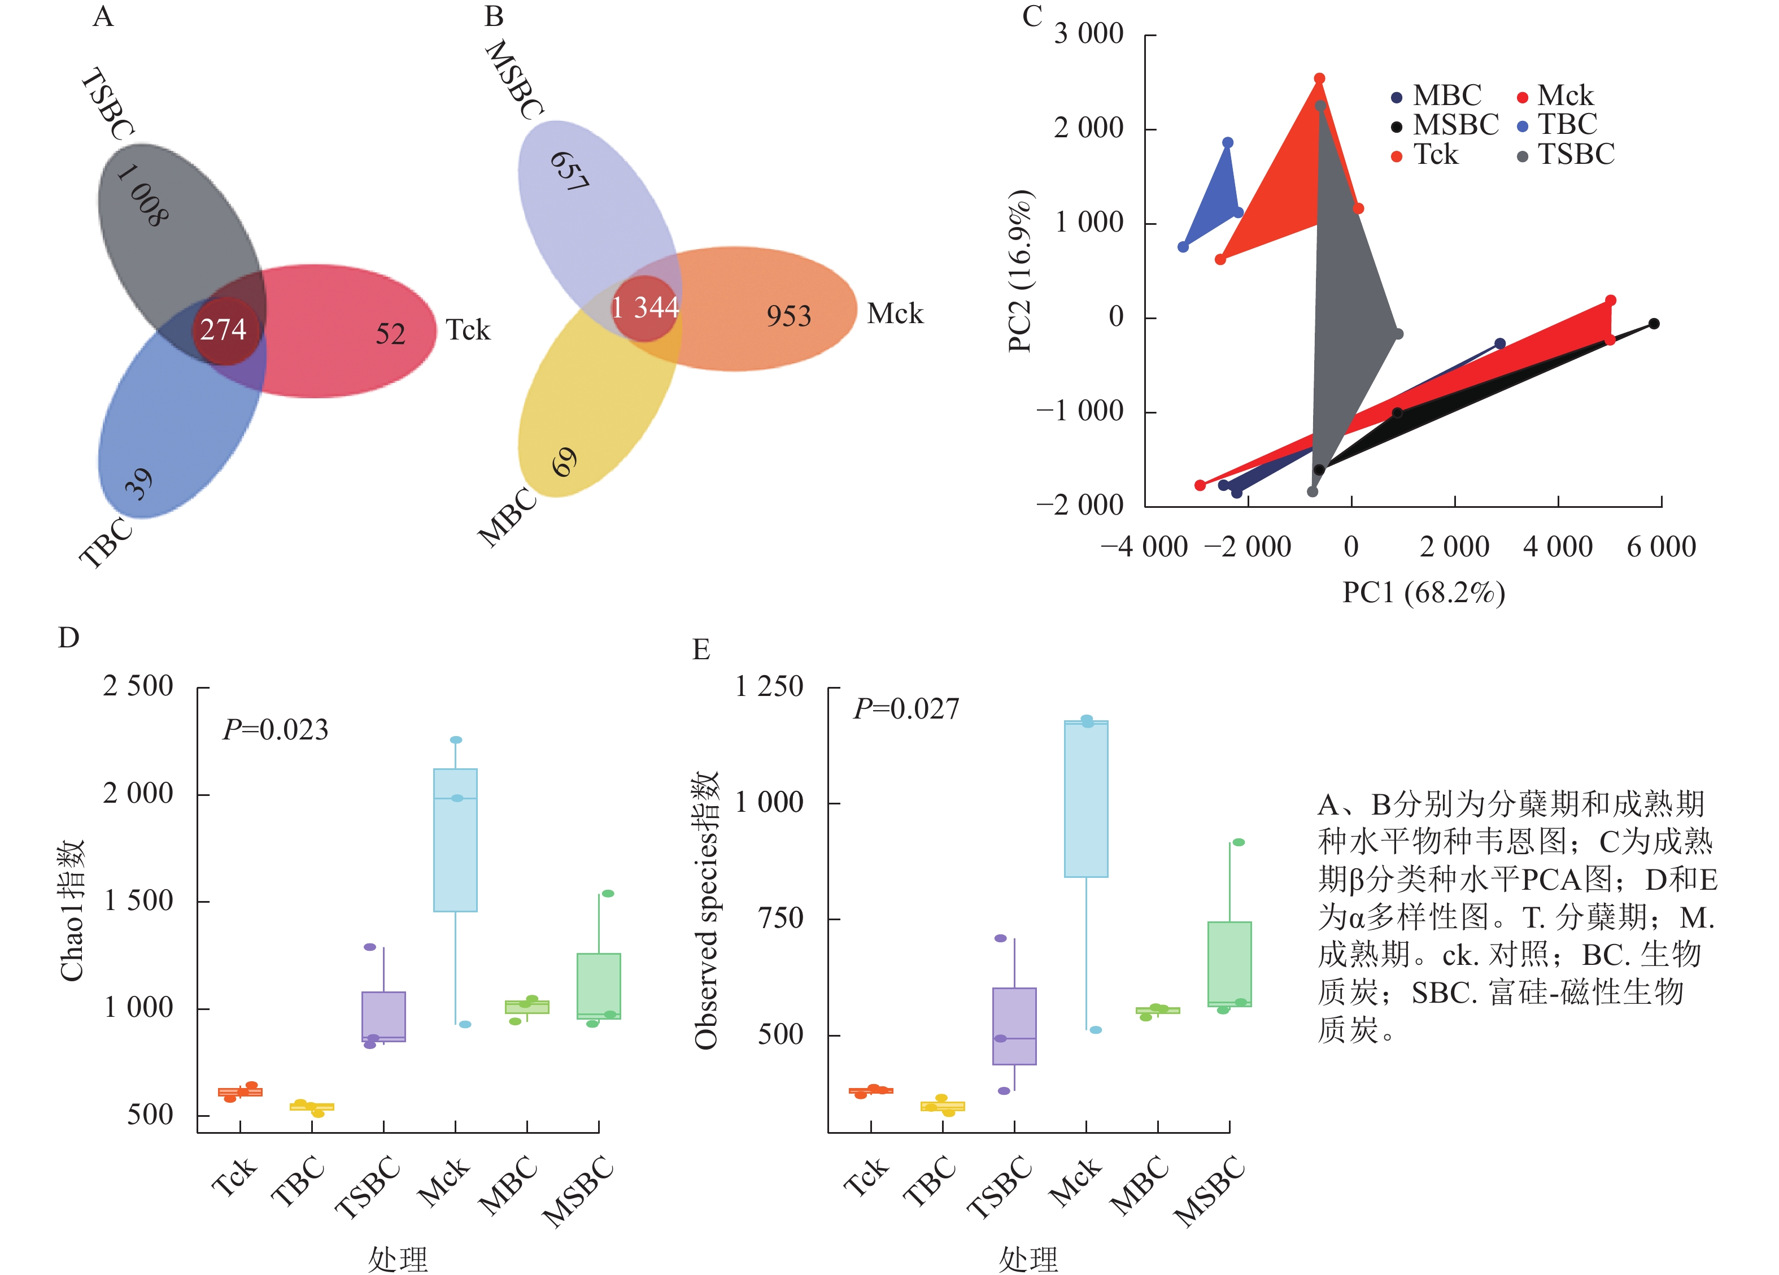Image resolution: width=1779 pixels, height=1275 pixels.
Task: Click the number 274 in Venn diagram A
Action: (x=224, y=329)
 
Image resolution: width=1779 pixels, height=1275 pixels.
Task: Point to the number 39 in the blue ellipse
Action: (x=139, y=484)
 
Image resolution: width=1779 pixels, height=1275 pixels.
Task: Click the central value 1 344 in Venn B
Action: (x=645, y=307)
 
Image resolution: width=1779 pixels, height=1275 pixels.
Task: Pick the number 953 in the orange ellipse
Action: (x=788, y=316)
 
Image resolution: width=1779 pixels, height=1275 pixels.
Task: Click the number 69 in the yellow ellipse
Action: (x=564, y=462)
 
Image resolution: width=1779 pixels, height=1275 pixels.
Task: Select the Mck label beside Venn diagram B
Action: (x=895, y=314)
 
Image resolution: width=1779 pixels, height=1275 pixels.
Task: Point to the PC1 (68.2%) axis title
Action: (x=1424, y=593)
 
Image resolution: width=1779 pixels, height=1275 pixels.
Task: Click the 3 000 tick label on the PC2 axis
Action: (x=1089, y=34)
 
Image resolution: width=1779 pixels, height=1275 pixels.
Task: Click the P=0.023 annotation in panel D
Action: (x=276, y=730)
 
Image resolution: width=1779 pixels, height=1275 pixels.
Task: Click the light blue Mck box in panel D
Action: (x=456, y=839)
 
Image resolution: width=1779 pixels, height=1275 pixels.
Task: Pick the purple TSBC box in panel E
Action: (x=1014, y=1025)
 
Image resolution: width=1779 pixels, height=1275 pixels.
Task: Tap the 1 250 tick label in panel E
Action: (x=769, y=687)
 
